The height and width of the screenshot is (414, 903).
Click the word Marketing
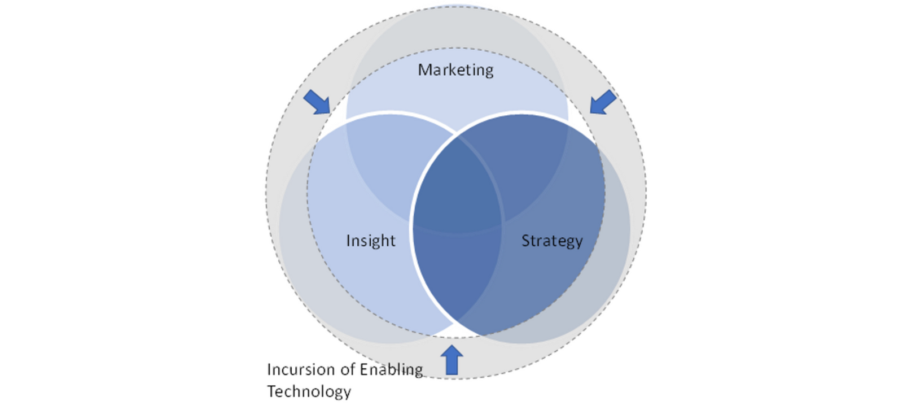(x=455, y=69)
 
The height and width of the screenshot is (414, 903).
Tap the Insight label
(x=370, y=241)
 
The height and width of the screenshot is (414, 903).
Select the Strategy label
(x=551, y=241)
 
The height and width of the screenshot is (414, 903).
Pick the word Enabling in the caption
(x=391, y=370)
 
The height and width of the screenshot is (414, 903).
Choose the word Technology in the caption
(x=309, y=391)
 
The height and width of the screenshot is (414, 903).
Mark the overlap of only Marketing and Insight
(x=389, y=164)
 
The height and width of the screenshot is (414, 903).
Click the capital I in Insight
(x=348, y=241)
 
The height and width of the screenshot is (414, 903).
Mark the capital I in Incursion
(x=269, y=369)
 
